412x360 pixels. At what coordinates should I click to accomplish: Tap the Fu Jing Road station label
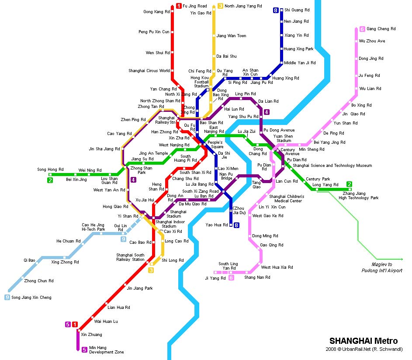pyautogui.click(x=194, y=6)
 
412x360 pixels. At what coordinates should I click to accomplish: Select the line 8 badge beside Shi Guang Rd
pyautogui.click(x=276, y=10)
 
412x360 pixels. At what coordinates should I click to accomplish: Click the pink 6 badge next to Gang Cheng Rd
pyautogui.click(x=362, y=29)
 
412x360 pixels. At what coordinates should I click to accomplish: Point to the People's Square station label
pyautogui.click(x=215, y=145)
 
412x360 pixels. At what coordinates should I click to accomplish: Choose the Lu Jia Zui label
pyautogui.click(x=246, y=131)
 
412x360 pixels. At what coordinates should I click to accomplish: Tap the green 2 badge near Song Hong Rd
pyautogui.click(x=50, y=180)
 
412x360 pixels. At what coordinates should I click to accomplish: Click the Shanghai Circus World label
pyautogui.click(x=149, y=71)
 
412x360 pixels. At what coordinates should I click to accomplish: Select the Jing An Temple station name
pyautogui.click(x=153, y=153)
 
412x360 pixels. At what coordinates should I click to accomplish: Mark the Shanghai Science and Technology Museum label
pyautogui.click(x=332, y=166)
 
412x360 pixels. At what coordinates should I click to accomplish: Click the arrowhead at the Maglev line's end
pyautogui.click(x=401, y=258)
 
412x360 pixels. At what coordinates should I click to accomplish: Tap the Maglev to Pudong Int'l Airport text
pyautogui.click(x=381, y=267)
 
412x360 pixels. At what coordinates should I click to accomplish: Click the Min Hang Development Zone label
pyautogui.click(x=106, y=350)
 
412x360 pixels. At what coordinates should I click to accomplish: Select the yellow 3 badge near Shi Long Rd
pyautogui.click(x=151, y=270)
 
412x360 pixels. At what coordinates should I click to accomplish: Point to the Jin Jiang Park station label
pyautogui.click(x=139, y=288)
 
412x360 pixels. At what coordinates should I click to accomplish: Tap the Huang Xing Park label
pyautogui.click(x=298, y=49)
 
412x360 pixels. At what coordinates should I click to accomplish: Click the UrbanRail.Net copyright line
pyautogui.click(x=364, y=349)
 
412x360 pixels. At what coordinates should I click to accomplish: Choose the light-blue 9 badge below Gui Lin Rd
pyautogui.click(x=124, y=239)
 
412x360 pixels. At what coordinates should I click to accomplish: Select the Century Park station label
pyautogui.click(x=318, y=179)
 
